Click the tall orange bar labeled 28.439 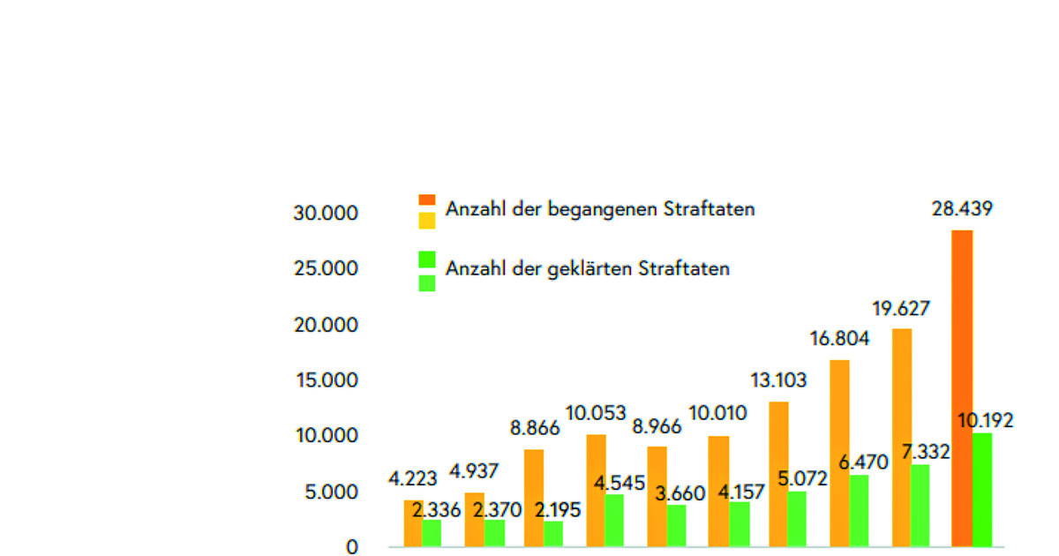pyautogui.click(x=961, y=388)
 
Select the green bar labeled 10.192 pyautogui.click(x=982, y=490)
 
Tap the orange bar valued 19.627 pyautogui.click(x=901, y=437)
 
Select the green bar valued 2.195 pyautogui.click(x=553, y=534)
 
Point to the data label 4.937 pyautogui.click(x=473, y=471)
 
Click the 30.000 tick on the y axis pyautogui.click(x=327, y=214)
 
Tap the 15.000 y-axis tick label pyautogui.click(x=327, y=380)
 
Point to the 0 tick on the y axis pyautogui.click(x=352, y=547)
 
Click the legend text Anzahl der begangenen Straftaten pyautogui.click(x=600, y=209)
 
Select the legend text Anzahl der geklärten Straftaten pyautogui.click(x=588, y=268)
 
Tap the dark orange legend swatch pyautogui.click(x=427, y=201)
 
